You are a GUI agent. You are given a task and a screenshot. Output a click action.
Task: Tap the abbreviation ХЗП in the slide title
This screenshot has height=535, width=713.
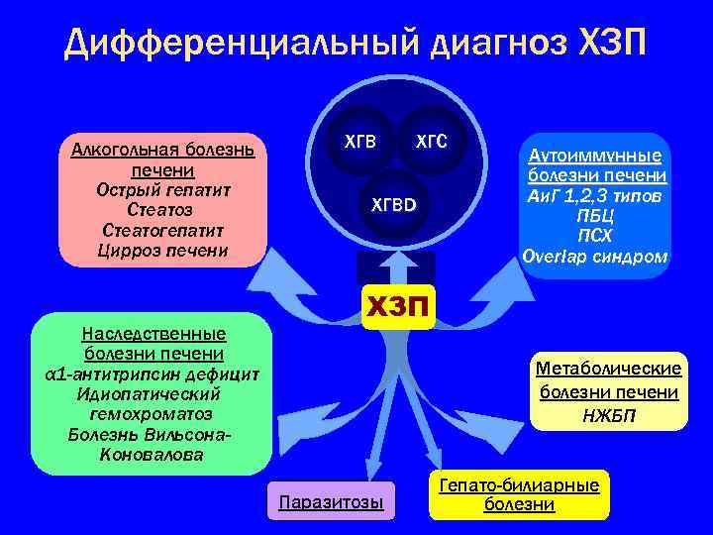pos(608,44)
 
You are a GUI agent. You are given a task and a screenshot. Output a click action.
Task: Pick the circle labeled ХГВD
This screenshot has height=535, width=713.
pos(394,206)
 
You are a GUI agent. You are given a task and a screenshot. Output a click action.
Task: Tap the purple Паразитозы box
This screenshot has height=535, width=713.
pos(332,501)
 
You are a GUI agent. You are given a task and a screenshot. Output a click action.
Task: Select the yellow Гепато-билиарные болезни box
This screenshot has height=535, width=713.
pos(519,494)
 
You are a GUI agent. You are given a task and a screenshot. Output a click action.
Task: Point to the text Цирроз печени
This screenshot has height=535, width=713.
pos(162,250)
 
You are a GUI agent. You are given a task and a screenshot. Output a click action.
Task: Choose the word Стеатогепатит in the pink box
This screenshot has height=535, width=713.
pos(162,230)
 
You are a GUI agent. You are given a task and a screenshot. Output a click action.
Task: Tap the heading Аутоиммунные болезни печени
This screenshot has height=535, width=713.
pos(597,166)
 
